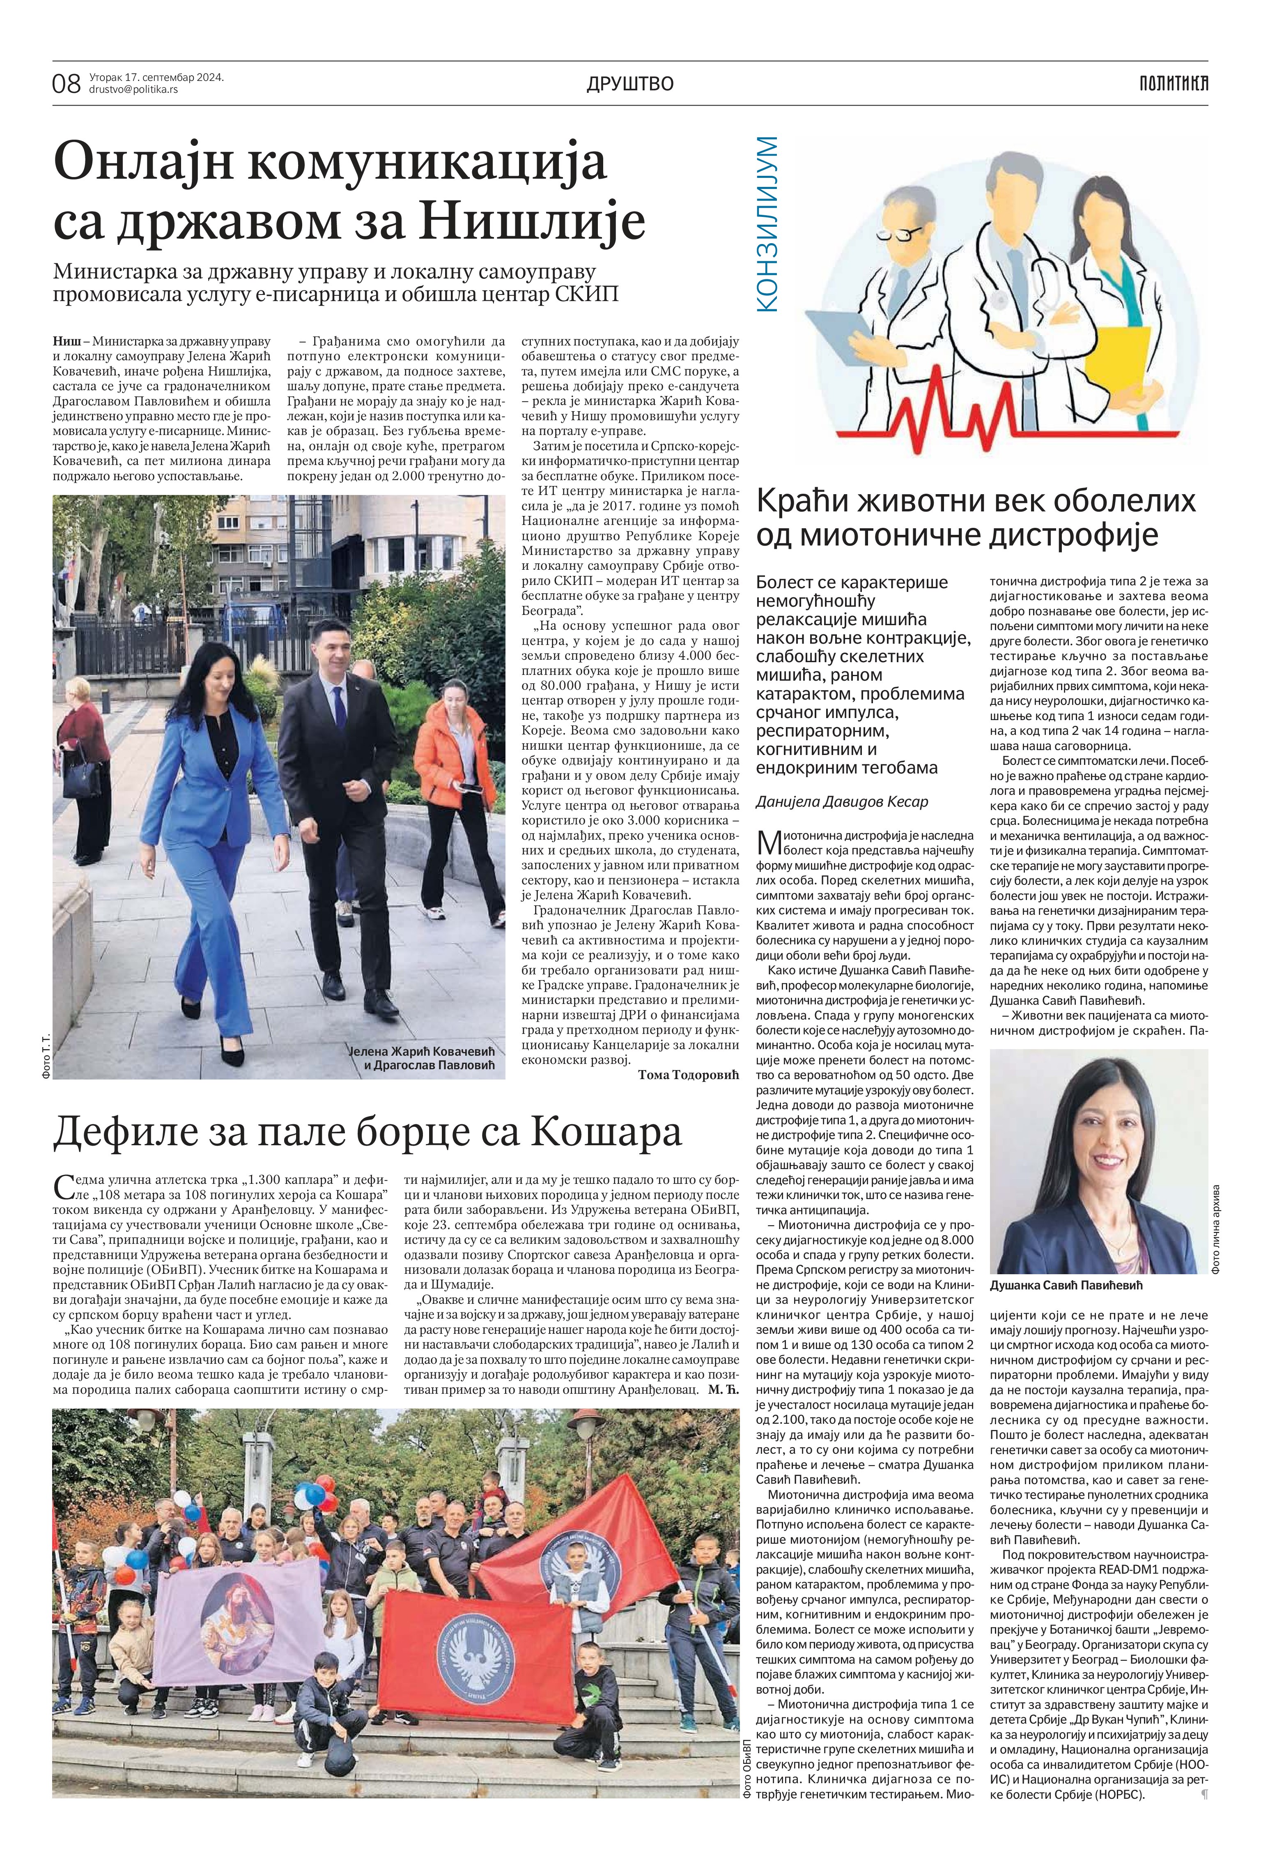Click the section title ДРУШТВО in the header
click(x=630, y=83)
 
